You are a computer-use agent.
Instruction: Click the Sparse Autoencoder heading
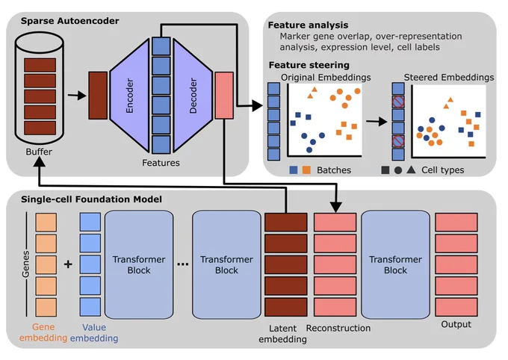click(69, 21)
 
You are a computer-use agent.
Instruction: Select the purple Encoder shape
click(129, 96)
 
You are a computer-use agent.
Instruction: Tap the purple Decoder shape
click(193, 96)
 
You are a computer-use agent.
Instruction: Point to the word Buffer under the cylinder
click(39, 152)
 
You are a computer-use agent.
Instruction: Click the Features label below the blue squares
click(161, 163)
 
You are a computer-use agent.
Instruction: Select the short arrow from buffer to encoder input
click(77, 96)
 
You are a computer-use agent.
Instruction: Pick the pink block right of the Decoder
click(224, 96)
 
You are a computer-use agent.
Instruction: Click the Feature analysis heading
click(308, 25)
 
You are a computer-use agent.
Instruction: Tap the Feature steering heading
click(309, 65)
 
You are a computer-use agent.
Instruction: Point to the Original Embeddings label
click(326, 78)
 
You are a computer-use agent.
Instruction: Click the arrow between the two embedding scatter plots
click(377, 122)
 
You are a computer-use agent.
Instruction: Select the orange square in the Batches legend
click(306, 170)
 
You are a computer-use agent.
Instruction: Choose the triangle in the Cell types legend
click(411, 170)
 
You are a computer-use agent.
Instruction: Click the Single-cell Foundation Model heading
click(91, 199)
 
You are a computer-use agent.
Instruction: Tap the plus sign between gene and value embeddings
click(68, 264)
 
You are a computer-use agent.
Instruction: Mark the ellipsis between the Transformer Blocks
click(183, 264)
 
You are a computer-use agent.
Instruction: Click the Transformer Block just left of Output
click(396, 264)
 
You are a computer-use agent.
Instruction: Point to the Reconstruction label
click(338, 328)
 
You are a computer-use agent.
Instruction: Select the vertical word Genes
click(25, 264)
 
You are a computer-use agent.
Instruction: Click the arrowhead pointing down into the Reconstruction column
click(336, 208)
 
